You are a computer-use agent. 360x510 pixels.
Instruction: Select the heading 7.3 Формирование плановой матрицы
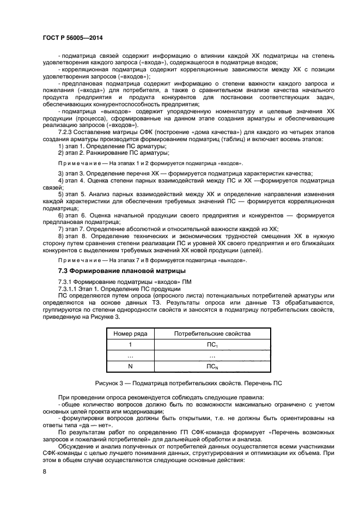pos(122,271)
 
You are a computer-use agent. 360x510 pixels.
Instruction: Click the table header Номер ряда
pos(130,333)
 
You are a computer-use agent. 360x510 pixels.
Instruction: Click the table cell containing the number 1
pos(130,345)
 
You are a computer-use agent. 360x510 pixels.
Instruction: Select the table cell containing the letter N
pos(130,367)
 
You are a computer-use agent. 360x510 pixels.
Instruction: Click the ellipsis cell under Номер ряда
pos(130,356)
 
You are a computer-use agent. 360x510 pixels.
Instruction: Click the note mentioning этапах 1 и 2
pos(151,163)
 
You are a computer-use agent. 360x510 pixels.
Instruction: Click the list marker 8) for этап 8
pos(61,235)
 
